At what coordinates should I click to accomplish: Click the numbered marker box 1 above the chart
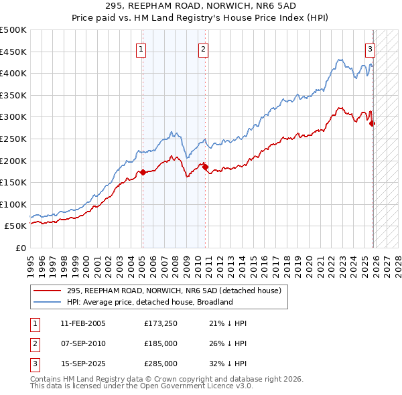click(142, 48)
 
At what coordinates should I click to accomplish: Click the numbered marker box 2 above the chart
click(202, 48)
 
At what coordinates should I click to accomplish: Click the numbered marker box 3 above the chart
click(369, 48)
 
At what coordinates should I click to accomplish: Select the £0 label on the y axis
click(21, 248)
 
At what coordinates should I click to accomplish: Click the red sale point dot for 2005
click(143, 172)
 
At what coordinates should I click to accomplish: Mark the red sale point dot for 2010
click(206, 167)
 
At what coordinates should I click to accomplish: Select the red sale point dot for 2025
click(373, 123)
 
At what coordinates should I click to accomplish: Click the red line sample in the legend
click(48, 291)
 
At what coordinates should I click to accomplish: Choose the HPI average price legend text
click(149, 302)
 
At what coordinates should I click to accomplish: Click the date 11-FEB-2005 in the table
click(82, 323)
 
